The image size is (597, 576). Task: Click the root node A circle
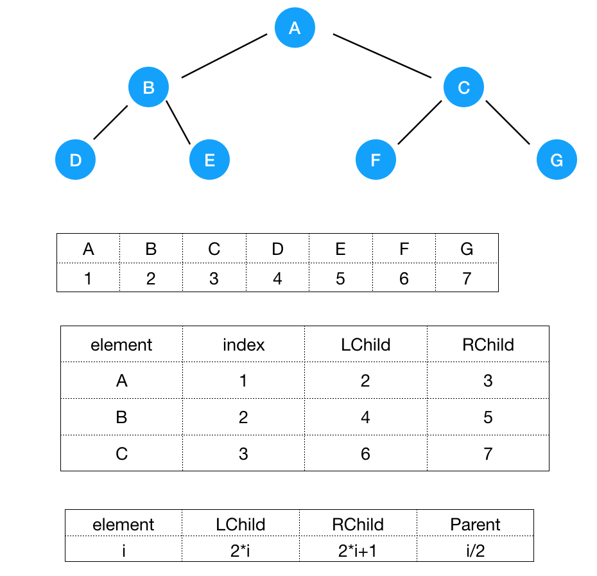pyautogui.click(x=295, y=28)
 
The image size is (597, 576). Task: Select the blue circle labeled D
pyautogui.click(x=76, y=159)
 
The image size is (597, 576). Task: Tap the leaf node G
pyautogui.click(x=557, y=160)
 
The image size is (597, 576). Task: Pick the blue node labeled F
pyautogui.click(x=376, y=159)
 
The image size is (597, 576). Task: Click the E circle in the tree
pyautogui.click(x=209, y=159)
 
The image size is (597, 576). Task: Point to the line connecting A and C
pyautogui.click(x=381, y=55)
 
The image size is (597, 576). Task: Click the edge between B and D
pyautogui.click(x=111, y=122)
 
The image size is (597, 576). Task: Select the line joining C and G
pyautogui.click(x=508, y=123)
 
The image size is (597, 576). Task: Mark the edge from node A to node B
pyautogui.click(x=224, y=56)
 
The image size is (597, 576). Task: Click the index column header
pyautogui.click(x=243, y=345)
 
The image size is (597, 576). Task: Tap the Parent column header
pyautogui.click(x=475, y=525)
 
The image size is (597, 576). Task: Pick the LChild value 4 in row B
pyautogui.click(x=365, y=417)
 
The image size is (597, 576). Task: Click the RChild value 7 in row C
pyautogui.click(x=488, y=454)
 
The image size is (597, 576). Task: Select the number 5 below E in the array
pyautogui.click(x=340, y=278)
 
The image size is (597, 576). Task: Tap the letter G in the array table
pyautogui.click(x=467, y=249)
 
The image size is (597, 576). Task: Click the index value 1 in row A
pyautogui.click(x=243, y=381)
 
